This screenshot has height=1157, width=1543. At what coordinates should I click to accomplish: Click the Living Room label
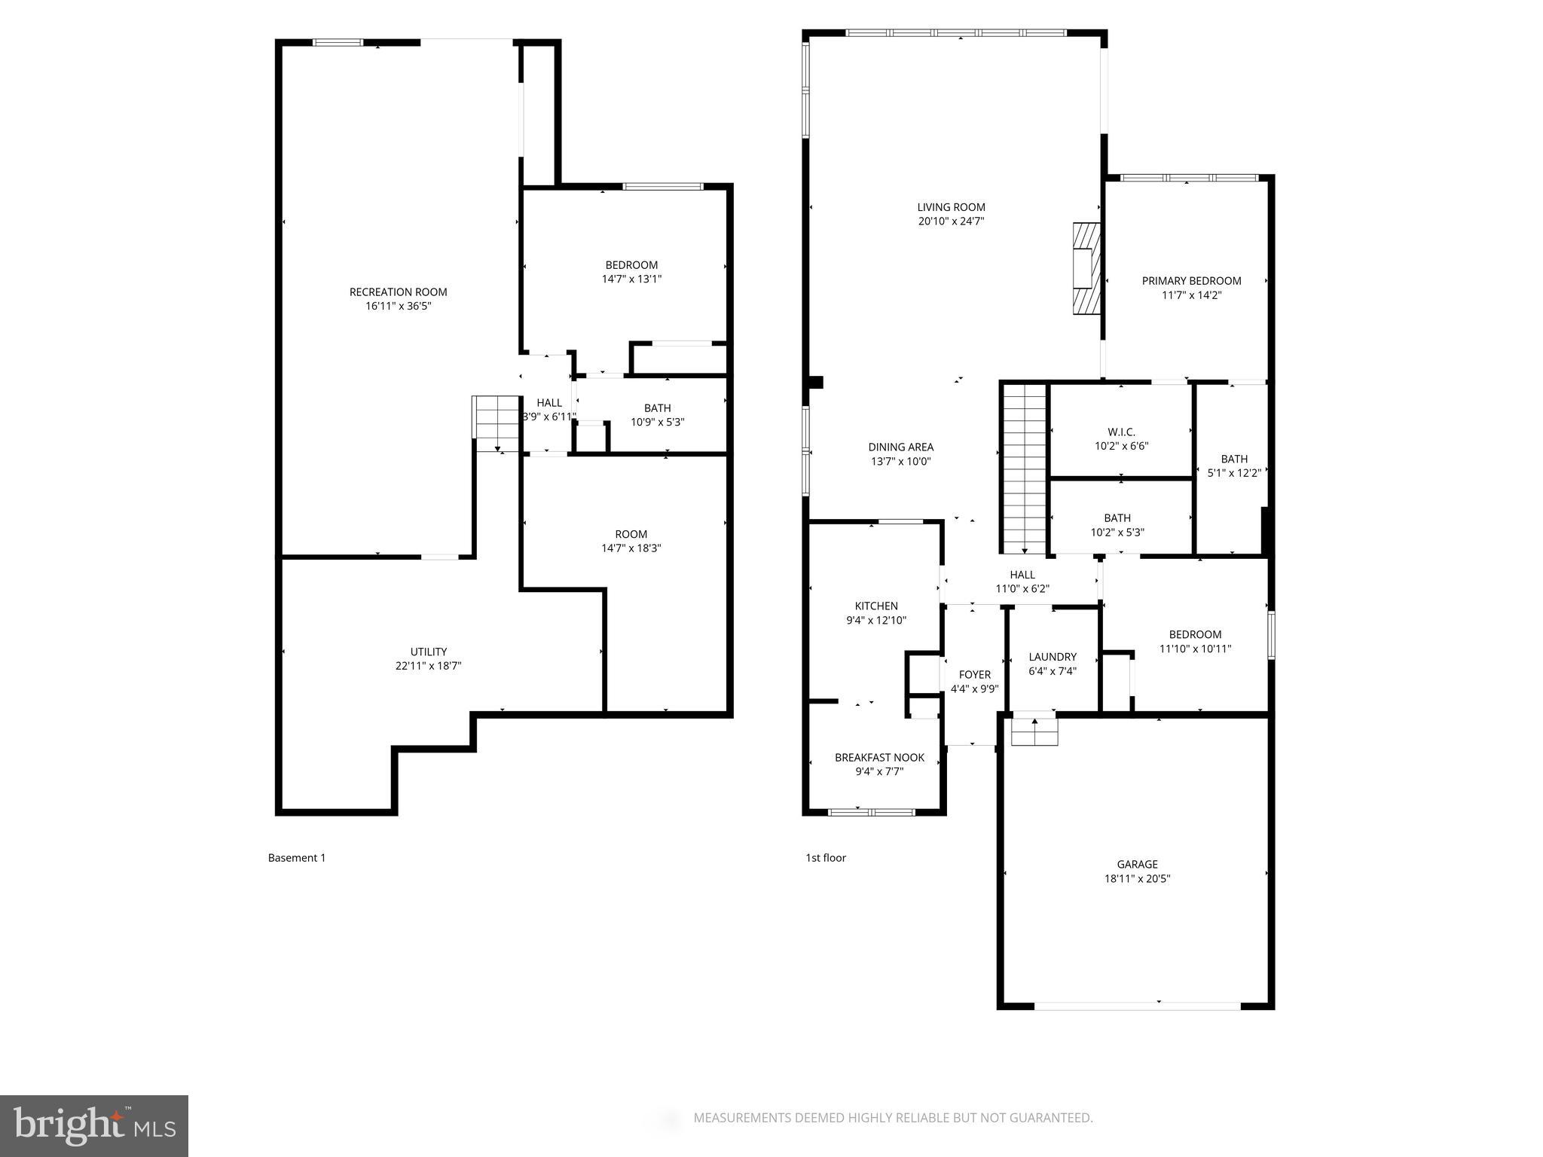tap(951, 207)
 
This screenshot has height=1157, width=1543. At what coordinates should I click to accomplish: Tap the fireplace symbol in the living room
tap(1086, 267)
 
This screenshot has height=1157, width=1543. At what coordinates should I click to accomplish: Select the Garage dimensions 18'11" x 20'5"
tap(1137, 878)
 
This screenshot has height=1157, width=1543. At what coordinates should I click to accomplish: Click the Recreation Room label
tap(398, 292)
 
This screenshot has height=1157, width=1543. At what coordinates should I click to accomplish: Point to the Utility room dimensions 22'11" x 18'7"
tap(428, 666)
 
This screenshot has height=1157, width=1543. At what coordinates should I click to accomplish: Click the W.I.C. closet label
tap(1121, 432)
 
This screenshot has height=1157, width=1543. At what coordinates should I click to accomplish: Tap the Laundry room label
tap(1052, 657)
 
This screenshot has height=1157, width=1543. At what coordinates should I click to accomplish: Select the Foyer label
tap(974, 675)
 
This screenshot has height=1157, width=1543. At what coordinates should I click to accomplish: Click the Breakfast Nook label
tap(879, 758)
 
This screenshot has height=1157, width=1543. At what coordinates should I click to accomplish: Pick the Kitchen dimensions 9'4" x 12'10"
tap(876, 621)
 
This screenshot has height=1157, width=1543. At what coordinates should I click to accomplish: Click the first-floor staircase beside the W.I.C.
tap(1025, 467)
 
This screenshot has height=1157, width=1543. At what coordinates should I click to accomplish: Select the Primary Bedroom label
tap(1191, 281)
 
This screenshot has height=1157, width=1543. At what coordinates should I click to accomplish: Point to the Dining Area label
tap(900, 447)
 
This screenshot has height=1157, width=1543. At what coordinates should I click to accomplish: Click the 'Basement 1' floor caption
tap(297, 857)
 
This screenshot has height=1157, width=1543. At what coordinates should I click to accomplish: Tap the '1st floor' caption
tap(826, 857)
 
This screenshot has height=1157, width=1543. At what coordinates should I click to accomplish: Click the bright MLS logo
tap(94, 1126)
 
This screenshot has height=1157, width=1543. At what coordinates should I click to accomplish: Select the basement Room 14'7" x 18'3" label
tap(631, 535)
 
